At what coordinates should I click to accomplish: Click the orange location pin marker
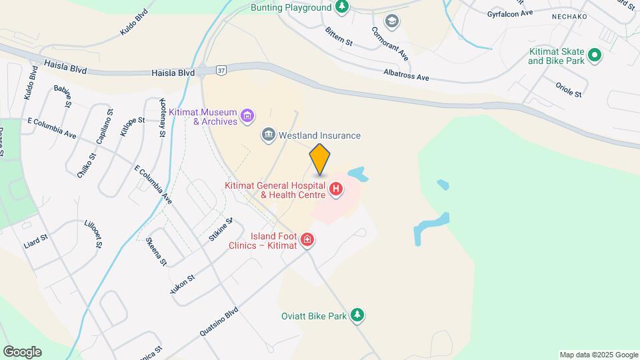click(x=320, y=160)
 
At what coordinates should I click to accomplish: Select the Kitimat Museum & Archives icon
click(x=247, y=117)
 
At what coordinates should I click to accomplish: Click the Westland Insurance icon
click(x=269, y=135)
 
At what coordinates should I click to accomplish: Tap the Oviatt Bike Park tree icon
click(x=357, y=315)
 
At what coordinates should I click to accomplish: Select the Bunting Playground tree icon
click(x=342, y=7)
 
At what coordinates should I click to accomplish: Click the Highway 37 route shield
click(x=221, y=69)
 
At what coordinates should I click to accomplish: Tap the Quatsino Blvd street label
click(x=218, y=323)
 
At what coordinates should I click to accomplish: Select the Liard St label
click(x=36, y=237)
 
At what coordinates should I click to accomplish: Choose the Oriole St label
click(x=569, y=89)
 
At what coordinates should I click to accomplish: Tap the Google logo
click(x=22, y=352)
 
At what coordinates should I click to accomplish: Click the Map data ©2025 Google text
click(x=599, y=355)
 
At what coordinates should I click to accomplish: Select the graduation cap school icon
click(x=391, y=21)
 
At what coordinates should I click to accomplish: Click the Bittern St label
click(x=339, y=37)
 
